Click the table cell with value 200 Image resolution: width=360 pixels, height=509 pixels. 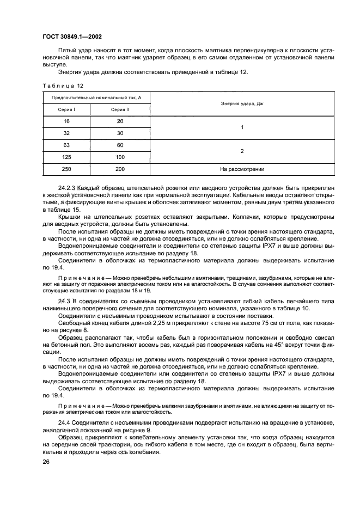coord(120,169)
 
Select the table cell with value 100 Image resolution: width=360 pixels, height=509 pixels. coord(120,157)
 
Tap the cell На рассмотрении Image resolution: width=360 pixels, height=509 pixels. coord(242,169)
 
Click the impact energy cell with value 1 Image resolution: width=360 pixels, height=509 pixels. coord(242,127)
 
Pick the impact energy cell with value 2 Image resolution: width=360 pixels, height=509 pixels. coord(242,151)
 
